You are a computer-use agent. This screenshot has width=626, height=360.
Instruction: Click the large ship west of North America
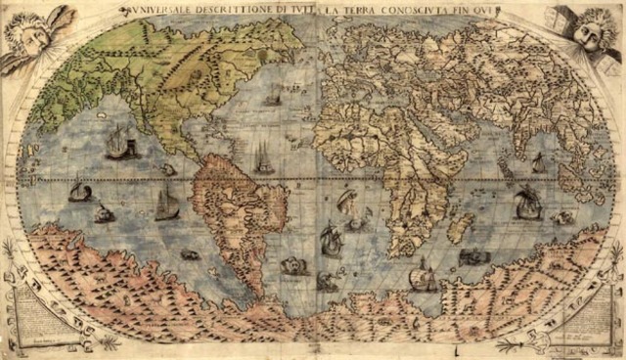coord(118,142)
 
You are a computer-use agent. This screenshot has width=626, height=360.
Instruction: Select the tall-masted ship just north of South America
coord(262,157)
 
